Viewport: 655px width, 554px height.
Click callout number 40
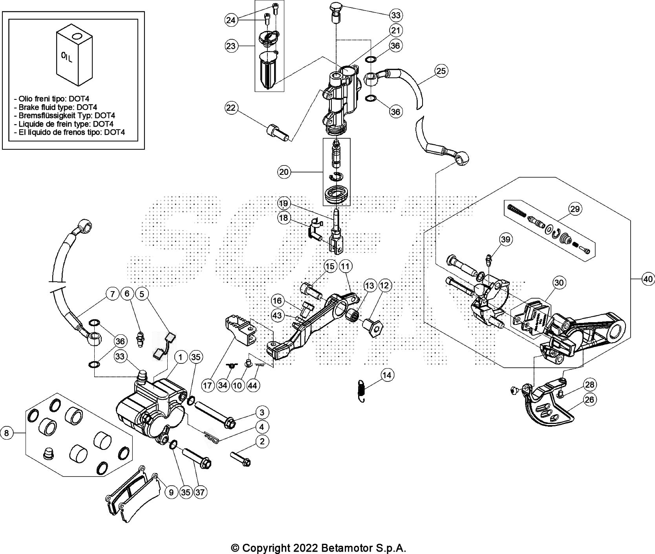(648, 279)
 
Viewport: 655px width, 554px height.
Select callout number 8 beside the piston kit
(7, 433)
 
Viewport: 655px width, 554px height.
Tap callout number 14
(387, 375)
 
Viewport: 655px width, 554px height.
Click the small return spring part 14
(363, 391)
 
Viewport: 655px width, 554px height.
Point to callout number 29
(574, 209)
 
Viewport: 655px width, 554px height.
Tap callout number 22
(231, 108)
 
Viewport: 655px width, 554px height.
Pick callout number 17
(209, 386)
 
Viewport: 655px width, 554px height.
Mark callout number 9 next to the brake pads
(171, 492)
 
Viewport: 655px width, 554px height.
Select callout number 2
(262, 442)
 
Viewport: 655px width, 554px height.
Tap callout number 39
(506, 240)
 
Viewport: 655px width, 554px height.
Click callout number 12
(384, 286)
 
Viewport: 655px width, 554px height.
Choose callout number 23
(231, 46)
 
